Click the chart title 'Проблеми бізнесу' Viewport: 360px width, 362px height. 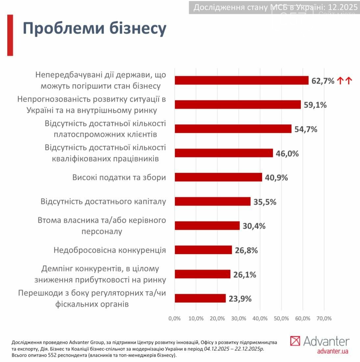point(94,29)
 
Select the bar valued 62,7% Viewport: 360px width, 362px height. point(242,81)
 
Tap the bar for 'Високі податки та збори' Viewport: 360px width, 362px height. point(218,177)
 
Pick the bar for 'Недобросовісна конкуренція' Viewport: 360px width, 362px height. point(203,250)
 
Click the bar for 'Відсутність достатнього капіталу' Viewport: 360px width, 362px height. point(212,201)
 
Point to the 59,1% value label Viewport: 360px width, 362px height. point(315,105)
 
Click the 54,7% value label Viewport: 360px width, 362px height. point(306,129)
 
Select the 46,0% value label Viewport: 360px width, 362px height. point(287,153)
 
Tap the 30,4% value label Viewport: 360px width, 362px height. point(254,226)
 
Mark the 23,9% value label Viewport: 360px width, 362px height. point(240,299)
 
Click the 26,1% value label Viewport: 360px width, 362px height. point(245,274)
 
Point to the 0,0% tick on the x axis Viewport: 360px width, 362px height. point(174,319)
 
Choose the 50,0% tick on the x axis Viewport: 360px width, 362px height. point(281,319)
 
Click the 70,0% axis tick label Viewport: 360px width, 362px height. point(324,319)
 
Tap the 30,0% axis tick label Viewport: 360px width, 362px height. point(239,319)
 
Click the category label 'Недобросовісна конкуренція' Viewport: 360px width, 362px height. point(110,250)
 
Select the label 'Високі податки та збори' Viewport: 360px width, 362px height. point(119,177)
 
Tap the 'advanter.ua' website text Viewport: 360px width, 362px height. point(332,351)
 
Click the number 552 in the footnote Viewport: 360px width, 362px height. point(53,355)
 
